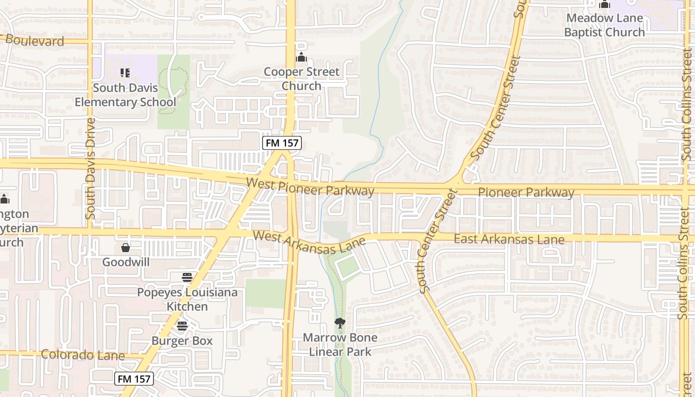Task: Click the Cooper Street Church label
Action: pyautogui.click(x=301, y=79)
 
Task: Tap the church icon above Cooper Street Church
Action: pyautogui.click(x=301, y=58)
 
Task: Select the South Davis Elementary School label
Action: pyautogui.click(x=125, y=95)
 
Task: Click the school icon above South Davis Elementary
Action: pyautogui.click(x=125, y=73)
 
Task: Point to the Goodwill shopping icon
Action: pyautogui.click(x=126, y=247)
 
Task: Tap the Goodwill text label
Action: pyautogui.click(x=126, y=262)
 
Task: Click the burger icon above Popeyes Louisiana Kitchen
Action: pyautogui.click(x=187, y=277)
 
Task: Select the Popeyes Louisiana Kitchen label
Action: pyautogui.click(x=187, y=299)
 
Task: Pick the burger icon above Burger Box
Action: pyautogui.click(x=182, y=326)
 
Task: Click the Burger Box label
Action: pyautogui.click(x=182, y=341)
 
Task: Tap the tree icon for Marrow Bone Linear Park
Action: pyautogui.click(x=340, y=323)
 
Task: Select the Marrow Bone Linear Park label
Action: pyautogui.click(x=340, y=344)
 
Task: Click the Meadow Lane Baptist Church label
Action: pyautogui.click(x=604, y=25)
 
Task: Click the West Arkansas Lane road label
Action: pyautogui.click(x=309, y=242)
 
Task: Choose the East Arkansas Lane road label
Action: pyautogui.click(x=509, y=239)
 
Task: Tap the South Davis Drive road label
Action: pyautogui.click(x=90, y=169)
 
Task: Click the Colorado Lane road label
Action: pyautogui.click(x=82, y=355)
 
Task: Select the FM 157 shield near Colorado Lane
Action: pyautogui.click(x=134, y=379)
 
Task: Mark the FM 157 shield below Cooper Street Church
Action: pyautogui.click(x=282, y=143)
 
